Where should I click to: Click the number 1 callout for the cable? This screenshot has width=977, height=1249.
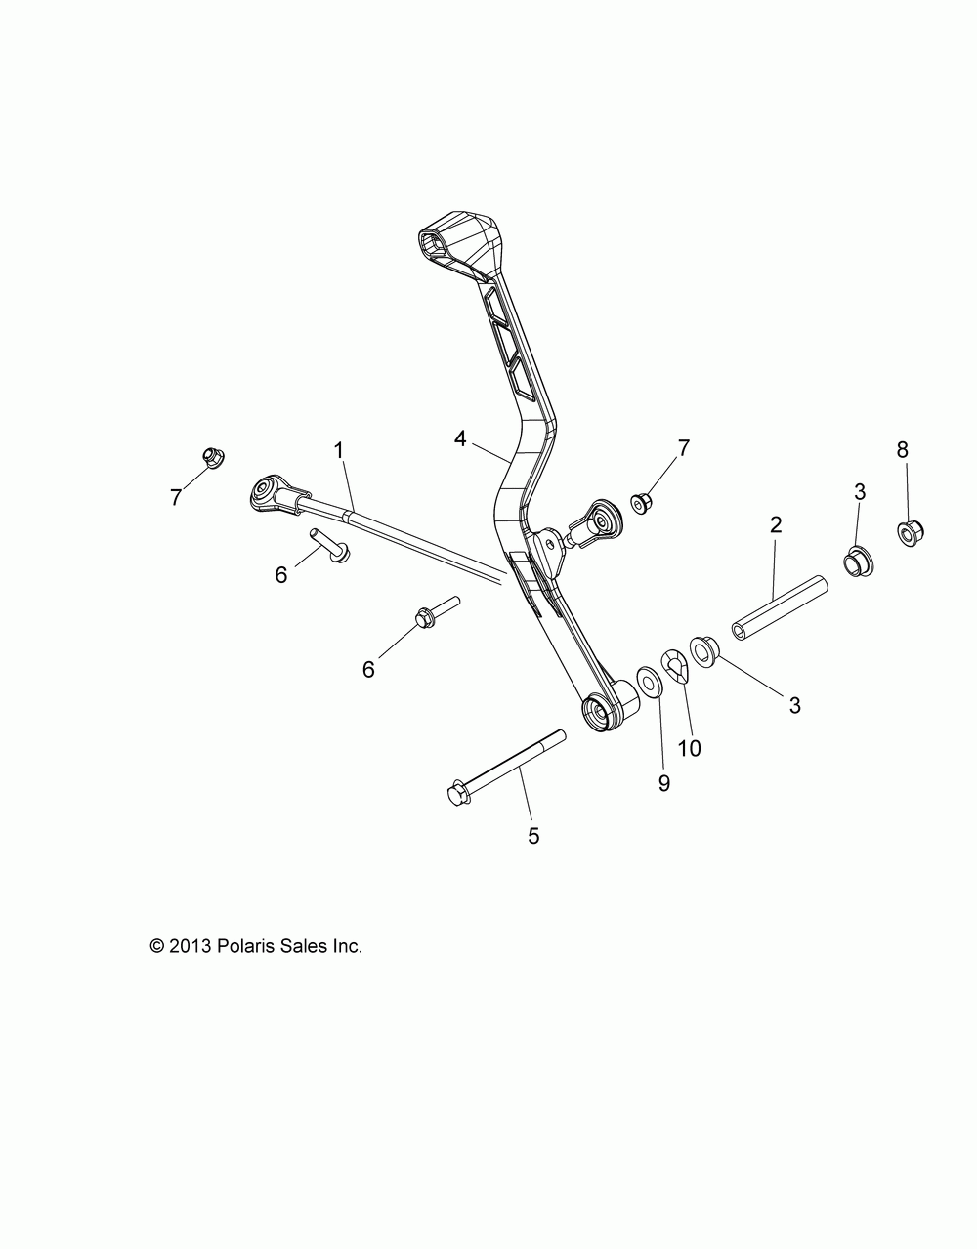coord(339,450)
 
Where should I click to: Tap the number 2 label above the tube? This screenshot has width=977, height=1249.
coord(776,524)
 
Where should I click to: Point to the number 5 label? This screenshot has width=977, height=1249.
coord(533,835)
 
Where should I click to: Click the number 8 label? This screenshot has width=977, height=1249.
coord(902,449)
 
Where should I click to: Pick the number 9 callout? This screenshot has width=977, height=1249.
coord(664,756)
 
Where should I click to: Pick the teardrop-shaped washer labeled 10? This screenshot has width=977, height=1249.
coord(676,667)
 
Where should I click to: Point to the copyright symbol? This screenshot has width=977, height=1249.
coord(156,946)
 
